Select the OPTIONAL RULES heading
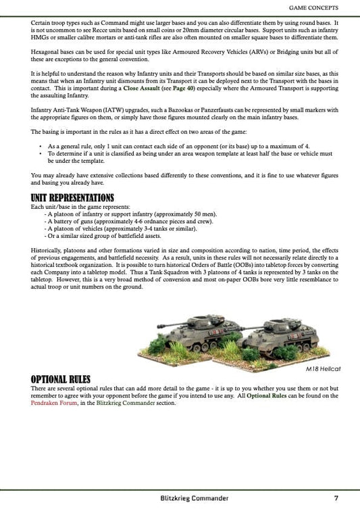click(x=61, y=379)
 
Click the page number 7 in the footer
click(x=336, y=498)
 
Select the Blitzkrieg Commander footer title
click(x=190, y=498)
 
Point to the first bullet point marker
click(x=41, y=146)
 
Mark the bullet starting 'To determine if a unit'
click(x=41, y=153)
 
